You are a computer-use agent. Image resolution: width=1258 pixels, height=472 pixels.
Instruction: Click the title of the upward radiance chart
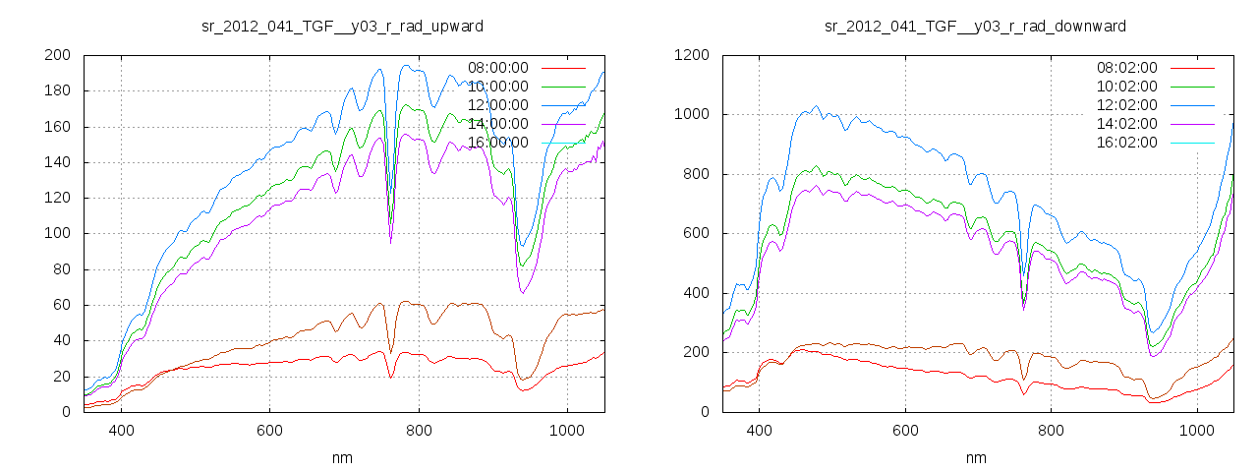(x=341, y=26)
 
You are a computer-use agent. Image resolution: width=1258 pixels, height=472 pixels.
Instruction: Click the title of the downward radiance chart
(x=975, y=26)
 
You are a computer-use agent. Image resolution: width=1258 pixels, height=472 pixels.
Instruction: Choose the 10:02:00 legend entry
(x=1126, y=88)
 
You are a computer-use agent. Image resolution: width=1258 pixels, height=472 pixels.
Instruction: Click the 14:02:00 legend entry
(x=1126, y=124)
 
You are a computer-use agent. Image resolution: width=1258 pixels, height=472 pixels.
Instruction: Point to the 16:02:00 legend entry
(x=1126, y=143)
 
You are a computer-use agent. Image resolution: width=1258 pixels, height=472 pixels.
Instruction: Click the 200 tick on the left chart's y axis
(x=56, y=55)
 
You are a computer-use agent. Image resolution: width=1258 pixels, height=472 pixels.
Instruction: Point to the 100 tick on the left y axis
(x=56, y=234)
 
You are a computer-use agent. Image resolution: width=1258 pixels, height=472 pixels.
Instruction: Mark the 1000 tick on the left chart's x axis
(x=566, y=431)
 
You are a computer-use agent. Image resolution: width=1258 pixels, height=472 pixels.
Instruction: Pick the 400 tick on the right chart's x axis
(x=759, y=431)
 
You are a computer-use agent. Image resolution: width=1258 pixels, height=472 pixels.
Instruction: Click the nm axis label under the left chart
(x=342, y=458)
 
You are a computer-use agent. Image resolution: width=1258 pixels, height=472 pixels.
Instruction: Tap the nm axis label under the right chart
(x=976, y=458)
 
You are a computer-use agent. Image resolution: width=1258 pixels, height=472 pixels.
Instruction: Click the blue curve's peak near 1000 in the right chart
(x=815, y=106)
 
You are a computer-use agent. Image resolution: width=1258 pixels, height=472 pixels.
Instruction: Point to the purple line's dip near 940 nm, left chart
(x=522, y=293)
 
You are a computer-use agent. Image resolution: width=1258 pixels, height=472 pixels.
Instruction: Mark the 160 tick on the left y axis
(x=56, y=127)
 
